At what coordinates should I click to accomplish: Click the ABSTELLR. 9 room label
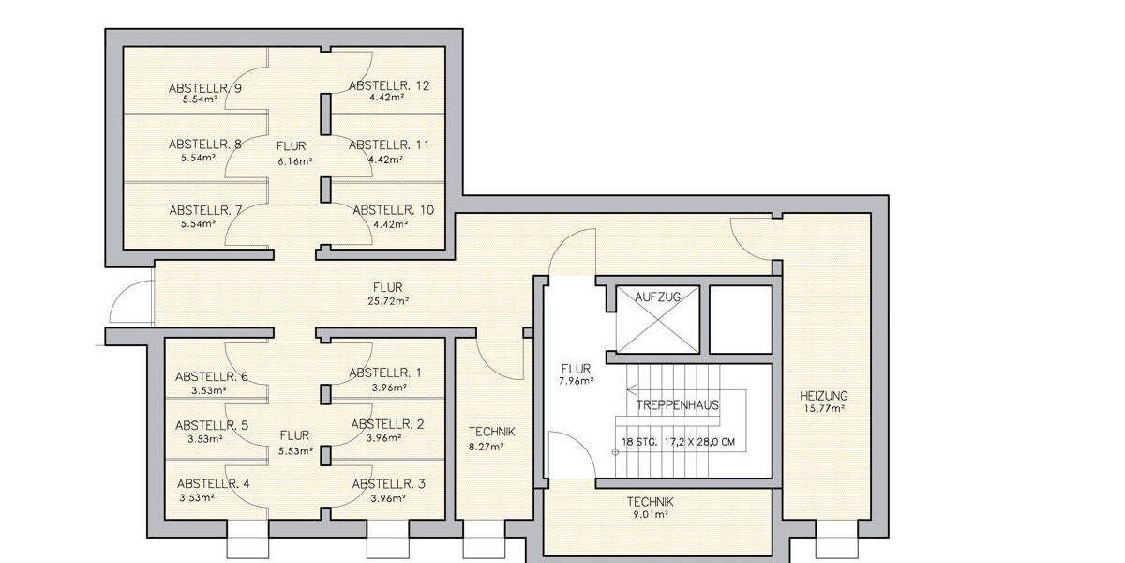205,88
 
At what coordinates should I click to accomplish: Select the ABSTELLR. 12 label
389,85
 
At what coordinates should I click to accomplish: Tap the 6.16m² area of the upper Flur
294,160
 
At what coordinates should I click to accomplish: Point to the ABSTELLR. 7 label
205,211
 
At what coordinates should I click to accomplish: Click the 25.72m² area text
389,300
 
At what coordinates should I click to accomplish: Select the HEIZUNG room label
824,395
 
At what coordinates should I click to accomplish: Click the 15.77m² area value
824,408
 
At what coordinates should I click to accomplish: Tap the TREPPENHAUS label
677,406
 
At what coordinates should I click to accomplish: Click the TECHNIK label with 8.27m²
492,432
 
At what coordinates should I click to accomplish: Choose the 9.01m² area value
650,515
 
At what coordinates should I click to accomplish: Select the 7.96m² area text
575,381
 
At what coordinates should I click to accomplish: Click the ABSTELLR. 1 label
384,373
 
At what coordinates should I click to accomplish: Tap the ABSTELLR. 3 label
388,484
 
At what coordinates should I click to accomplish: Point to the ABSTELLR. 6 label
212,376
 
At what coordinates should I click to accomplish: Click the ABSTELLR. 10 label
393,210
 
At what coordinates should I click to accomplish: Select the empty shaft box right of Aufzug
740,319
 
